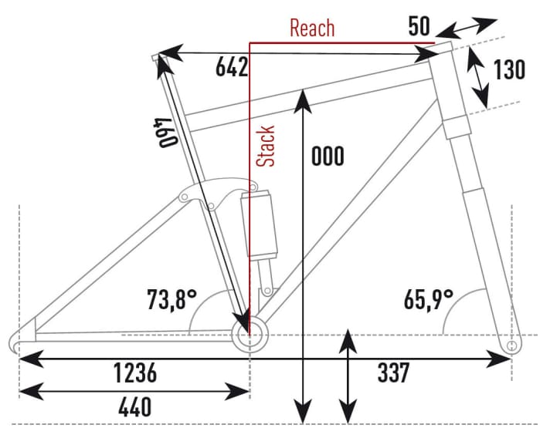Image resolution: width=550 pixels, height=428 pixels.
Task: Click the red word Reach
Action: [x=312, y=29]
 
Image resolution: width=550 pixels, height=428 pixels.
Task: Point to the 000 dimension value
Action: [x=328, y=157]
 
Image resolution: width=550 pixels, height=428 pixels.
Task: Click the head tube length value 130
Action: [x=508, y=69]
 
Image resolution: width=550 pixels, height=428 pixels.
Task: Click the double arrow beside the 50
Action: [x=466, y=29]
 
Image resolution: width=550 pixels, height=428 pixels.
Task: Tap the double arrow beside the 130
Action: [x=480, y=76]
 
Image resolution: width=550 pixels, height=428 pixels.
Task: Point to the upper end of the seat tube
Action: [x=159, y=58]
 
